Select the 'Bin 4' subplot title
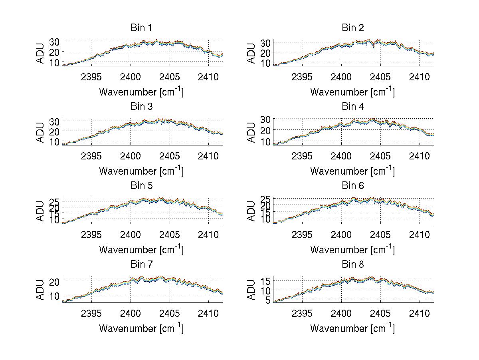pos(352,107)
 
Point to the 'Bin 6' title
pos(352,186)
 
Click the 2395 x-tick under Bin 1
pos(91,77)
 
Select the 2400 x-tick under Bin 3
pos(131,155)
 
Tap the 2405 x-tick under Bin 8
pos(380,313)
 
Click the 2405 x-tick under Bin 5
pos(170,235)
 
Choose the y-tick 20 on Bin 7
pos(54,281)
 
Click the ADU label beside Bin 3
pos(41,132)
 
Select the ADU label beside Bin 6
pos(252,211)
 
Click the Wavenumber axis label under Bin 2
pos(352,92)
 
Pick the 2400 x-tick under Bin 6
pos(341,235)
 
